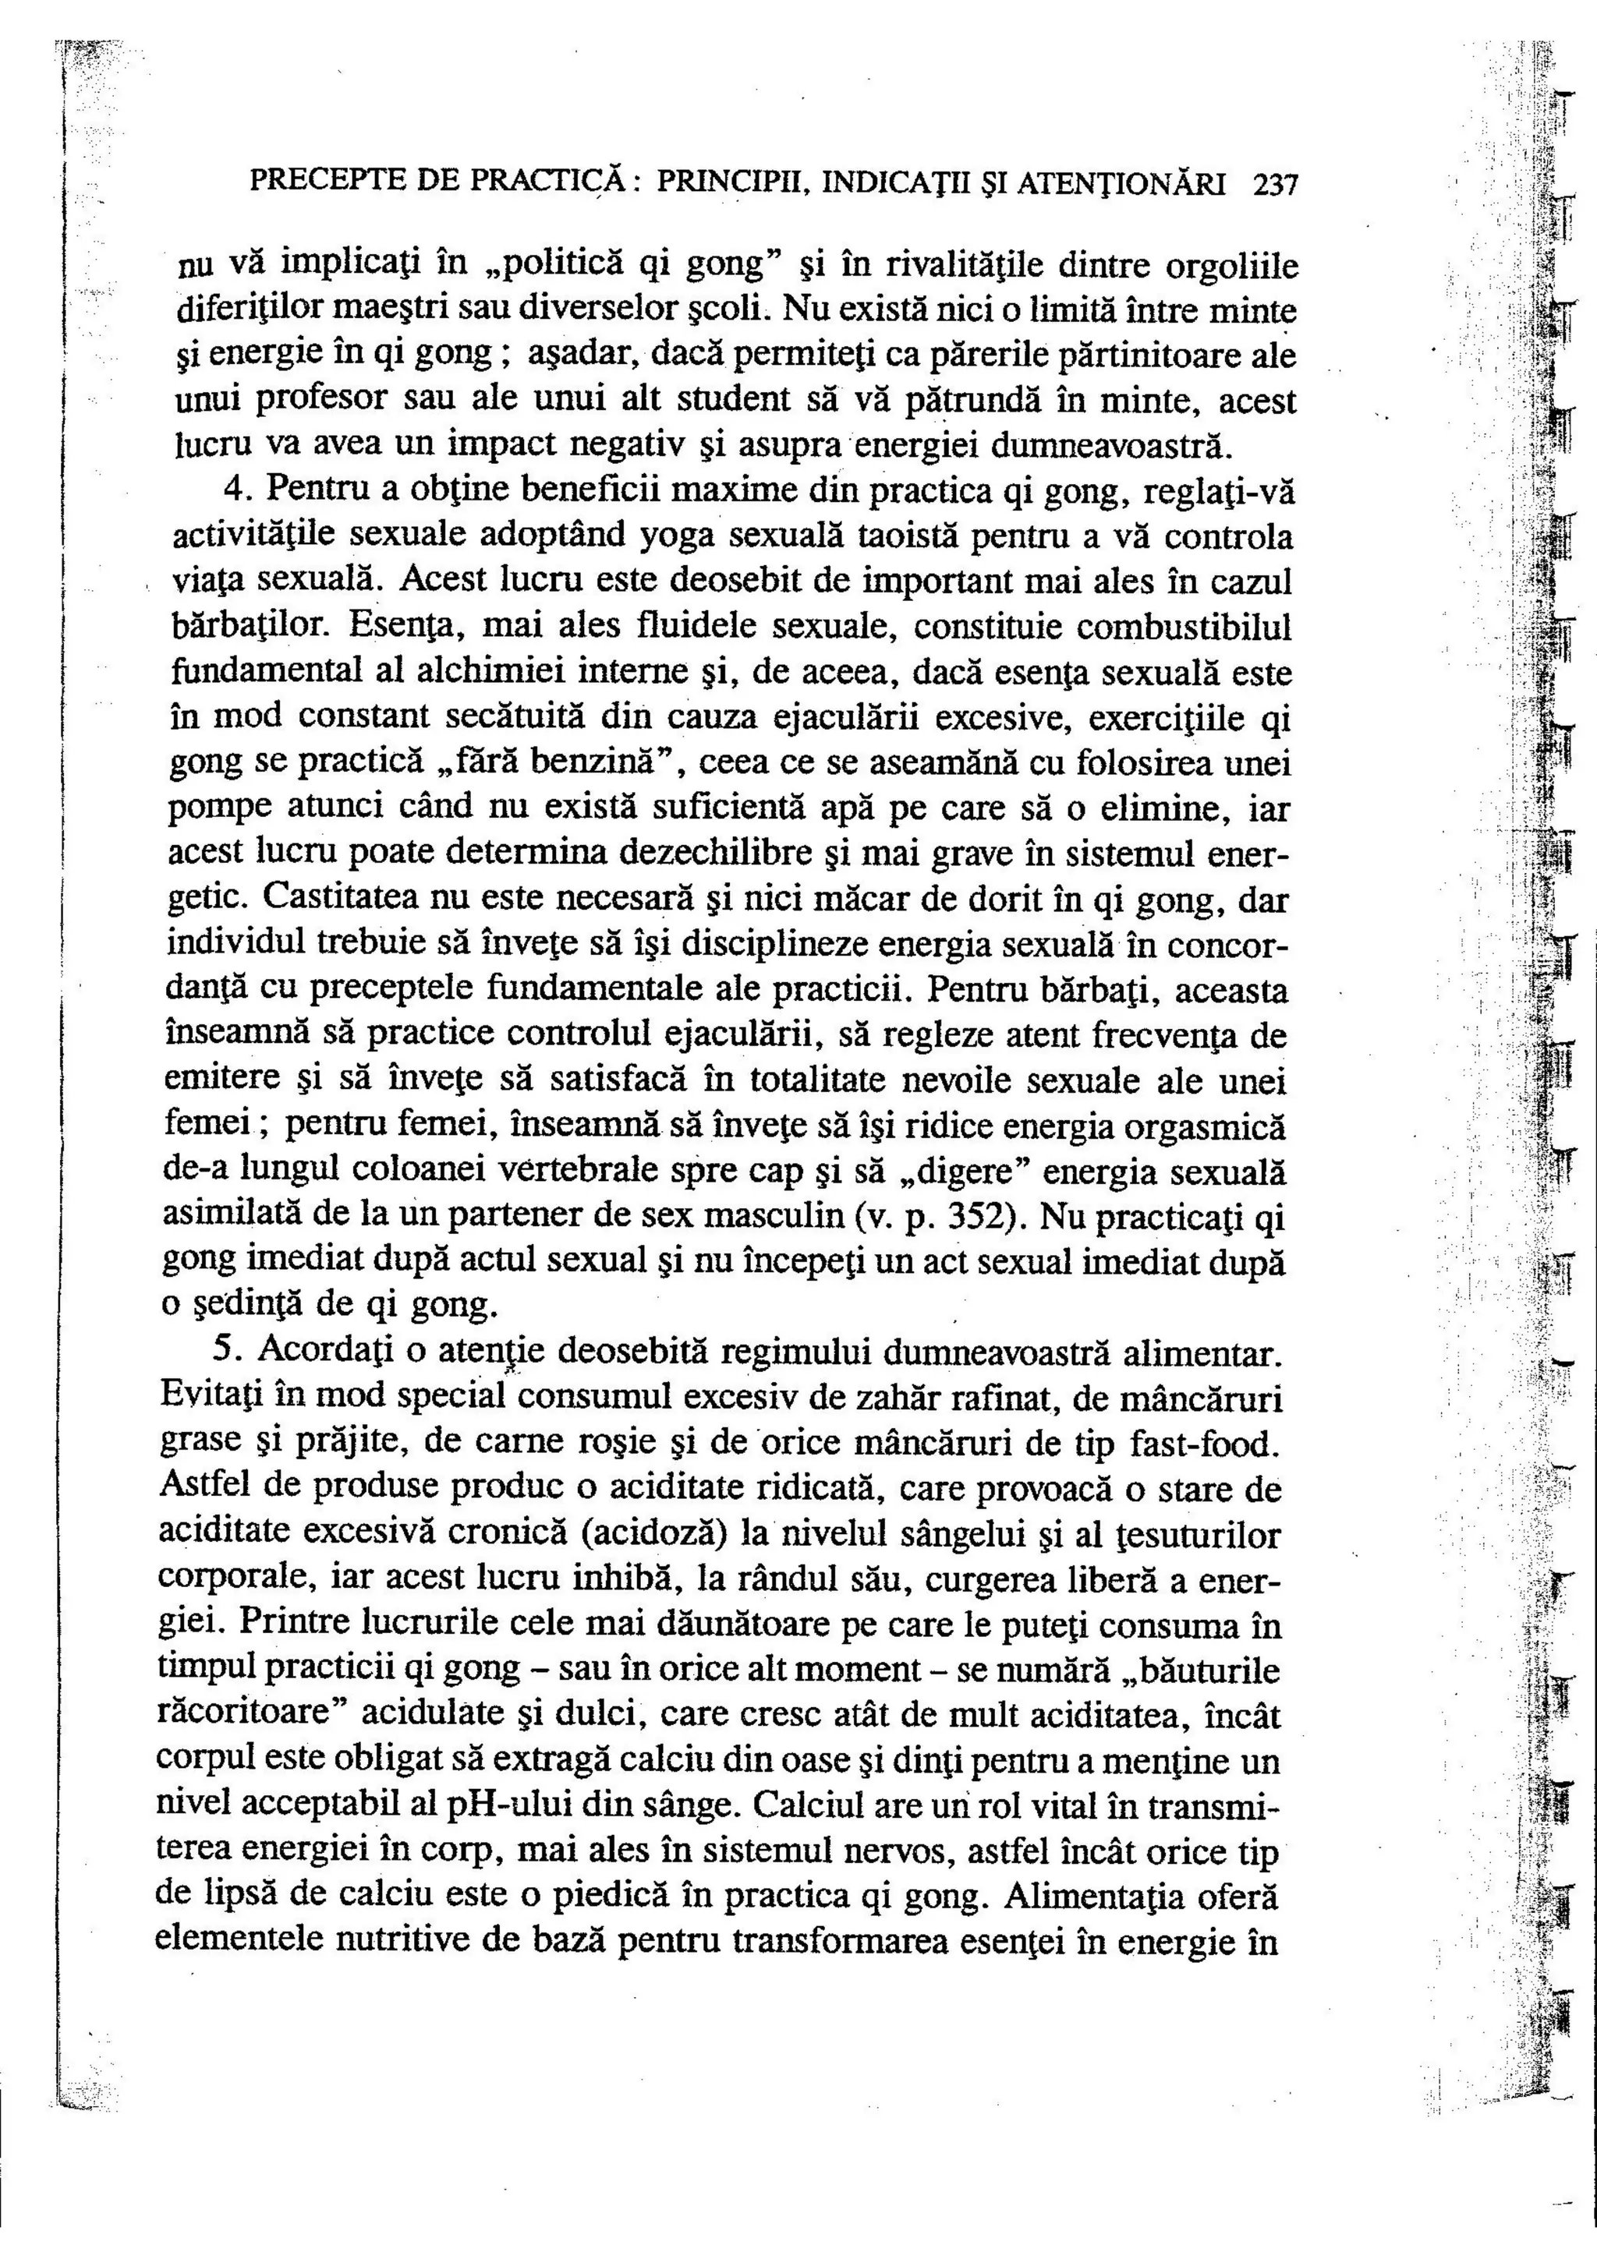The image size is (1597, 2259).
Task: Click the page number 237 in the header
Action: click(1277, 184)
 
